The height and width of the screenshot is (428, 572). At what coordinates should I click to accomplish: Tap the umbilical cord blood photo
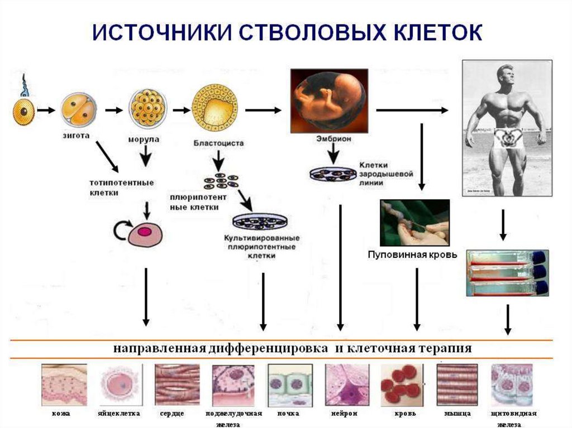[x=414, y=222]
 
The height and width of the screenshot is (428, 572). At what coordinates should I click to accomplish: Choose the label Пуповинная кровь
[x=412, y=255]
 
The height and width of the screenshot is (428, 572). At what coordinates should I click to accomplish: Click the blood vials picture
[x=507, y=272]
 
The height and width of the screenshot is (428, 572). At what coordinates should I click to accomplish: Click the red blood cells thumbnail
[x=400, y=384]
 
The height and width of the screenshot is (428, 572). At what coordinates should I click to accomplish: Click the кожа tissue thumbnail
[x=63, y=384]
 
